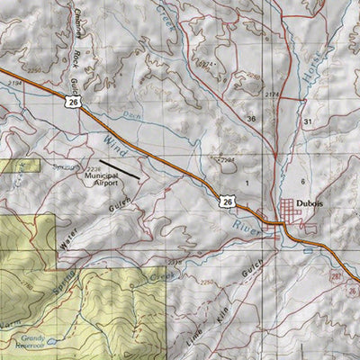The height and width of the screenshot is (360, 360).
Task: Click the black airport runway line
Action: (x=126, y=168)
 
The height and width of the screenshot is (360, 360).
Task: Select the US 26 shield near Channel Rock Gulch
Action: (x=71, y=103)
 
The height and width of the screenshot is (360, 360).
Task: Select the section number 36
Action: (x=251, y=119)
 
